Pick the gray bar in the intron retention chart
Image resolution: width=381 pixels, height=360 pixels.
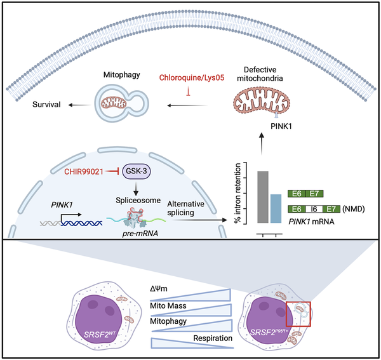262,197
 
